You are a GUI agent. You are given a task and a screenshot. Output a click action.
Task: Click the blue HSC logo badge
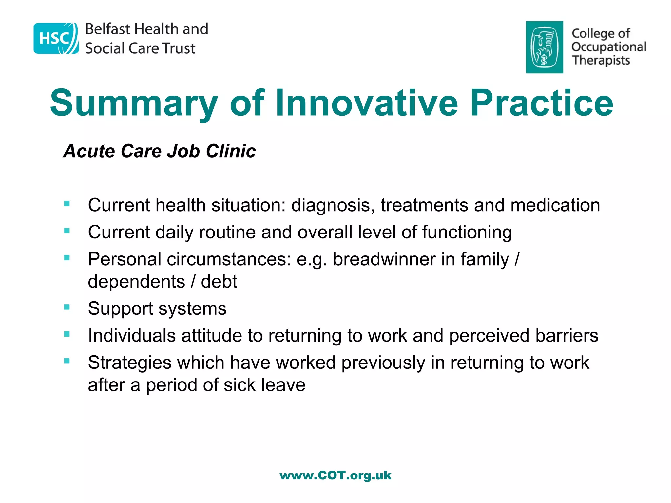[56, 38]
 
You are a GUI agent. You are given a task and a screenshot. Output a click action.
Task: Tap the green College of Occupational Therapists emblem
[544, 47]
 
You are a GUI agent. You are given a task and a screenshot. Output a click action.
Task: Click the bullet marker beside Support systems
[67, 307]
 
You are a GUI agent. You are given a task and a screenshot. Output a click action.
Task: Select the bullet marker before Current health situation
[67, 204]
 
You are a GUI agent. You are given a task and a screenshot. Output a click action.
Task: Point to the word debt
[219, 282]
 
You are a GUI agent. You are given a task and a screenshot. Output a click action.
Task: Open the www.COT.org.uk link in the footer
[335, 475]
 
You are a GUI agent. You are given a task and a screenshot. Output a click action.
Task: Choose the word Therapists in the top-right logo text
[601, 60]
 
